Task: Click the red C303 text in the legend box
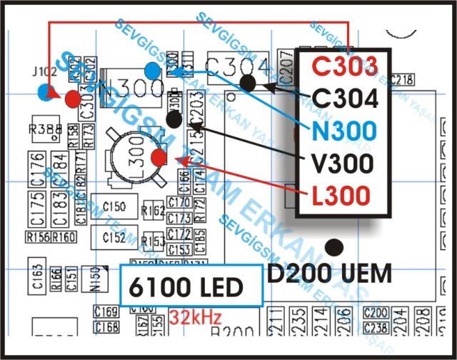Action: click(x=344, y=67)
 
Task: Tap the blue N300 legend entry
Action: click(x=343, y=131)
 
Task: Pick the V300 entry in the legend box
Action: click(x=343, y=163)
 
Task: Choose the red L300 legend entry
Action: click(x=343, y=194)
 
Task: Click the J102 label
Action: click(x=44, y=73)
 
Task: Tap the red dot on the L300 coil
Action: click(x=159, y=157)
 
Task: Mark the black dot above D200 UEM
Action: click(x=333, y=247)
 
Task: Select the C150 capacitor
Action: click(x=114, y=207)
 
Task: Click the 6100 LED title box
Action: click(x=186, y=288)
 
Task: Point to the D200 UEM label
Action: click(x=329, y=273)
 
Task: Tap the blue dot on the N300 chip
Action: click(x=153, y=70)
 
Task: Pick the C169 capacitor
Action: click(x=106, y=312)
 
